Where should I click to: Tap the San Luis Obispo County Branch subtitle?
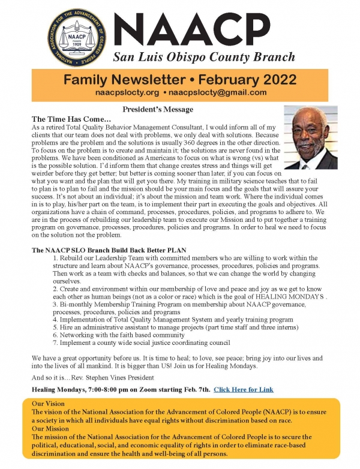click(x=204, y=58)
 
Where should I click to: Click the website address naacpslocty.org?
click(x=128, y=93)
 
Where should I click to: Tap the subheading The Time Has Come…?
click(x=62, y=119)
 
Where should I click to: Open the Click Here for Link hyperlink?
click(x=244, y=389)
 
